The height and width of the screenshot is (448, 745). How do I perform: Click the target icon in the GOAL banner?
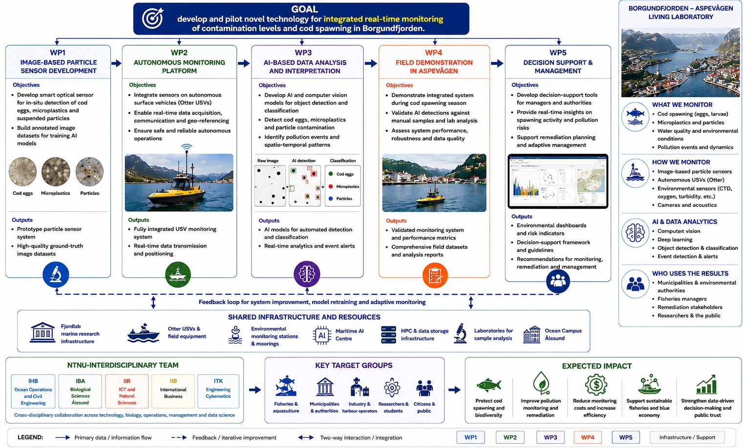pyautogui.click(x=152, y=18)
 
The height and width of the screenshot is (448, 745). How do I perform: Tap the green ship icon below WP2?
pyautogui.click(x=178, y=275)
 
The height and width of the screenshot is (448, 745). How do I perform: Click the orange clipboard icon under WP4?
pyautogui.click(x=435, y=275)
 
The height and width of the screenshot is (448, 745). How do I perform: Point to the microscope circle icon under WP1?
pyautogui.click(x=56, y=275)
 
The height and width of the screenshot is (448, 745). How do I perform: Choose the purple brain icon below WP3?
pyautogui.click(x=307, y=274)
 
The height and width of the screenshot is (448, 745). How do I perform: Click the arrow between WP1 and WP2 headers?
pyautogui.click(x=116, y=63)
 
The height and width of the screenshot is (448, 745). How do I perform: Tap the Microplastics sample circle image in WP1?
pyautogui.click(x=56, y=171)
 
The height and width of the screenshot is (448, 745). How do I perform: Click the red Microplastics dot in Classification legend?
pyautogui.click(x=331, y=186)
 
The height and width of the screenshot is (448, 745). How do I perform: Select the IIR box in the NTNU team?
pyautogui.click(x=127, y=391)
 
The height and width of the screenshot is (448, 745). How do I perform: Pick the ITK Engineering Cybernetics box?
pyautogui.click(x=218, y=391)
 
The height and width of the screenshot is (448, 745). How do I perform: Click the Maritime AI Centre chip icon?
pyautogui.click(x=321, y=335)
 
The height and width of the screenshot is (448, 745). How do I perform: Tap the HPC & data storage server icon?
pyautogui.click(x=388, y=335)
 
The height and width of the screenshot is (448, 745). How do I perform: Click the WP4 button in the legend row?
pyautogui.click(x=588, y=437)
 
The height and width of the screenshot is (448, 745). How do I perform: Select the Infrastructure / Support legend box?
pyautogui.click(x=687, y=437)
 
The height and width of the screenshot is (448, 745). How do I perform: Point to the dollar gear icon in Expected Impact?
pyautogui.click(x=596, y=385)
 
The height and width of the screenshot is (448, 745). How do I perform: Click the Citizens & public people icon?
pyautogui.click(x=424, y=388)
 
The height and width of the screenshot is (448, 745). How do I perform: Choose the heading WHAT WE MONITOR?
pyautogui.click(x=682, y=105)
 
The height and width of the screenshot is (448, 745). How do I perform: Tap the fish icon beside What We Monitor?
pyautogui.click(x=635, y=117)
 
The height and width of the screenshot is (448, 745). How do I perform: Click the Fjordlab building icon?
pyautogui.click(x=43, y=332)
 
